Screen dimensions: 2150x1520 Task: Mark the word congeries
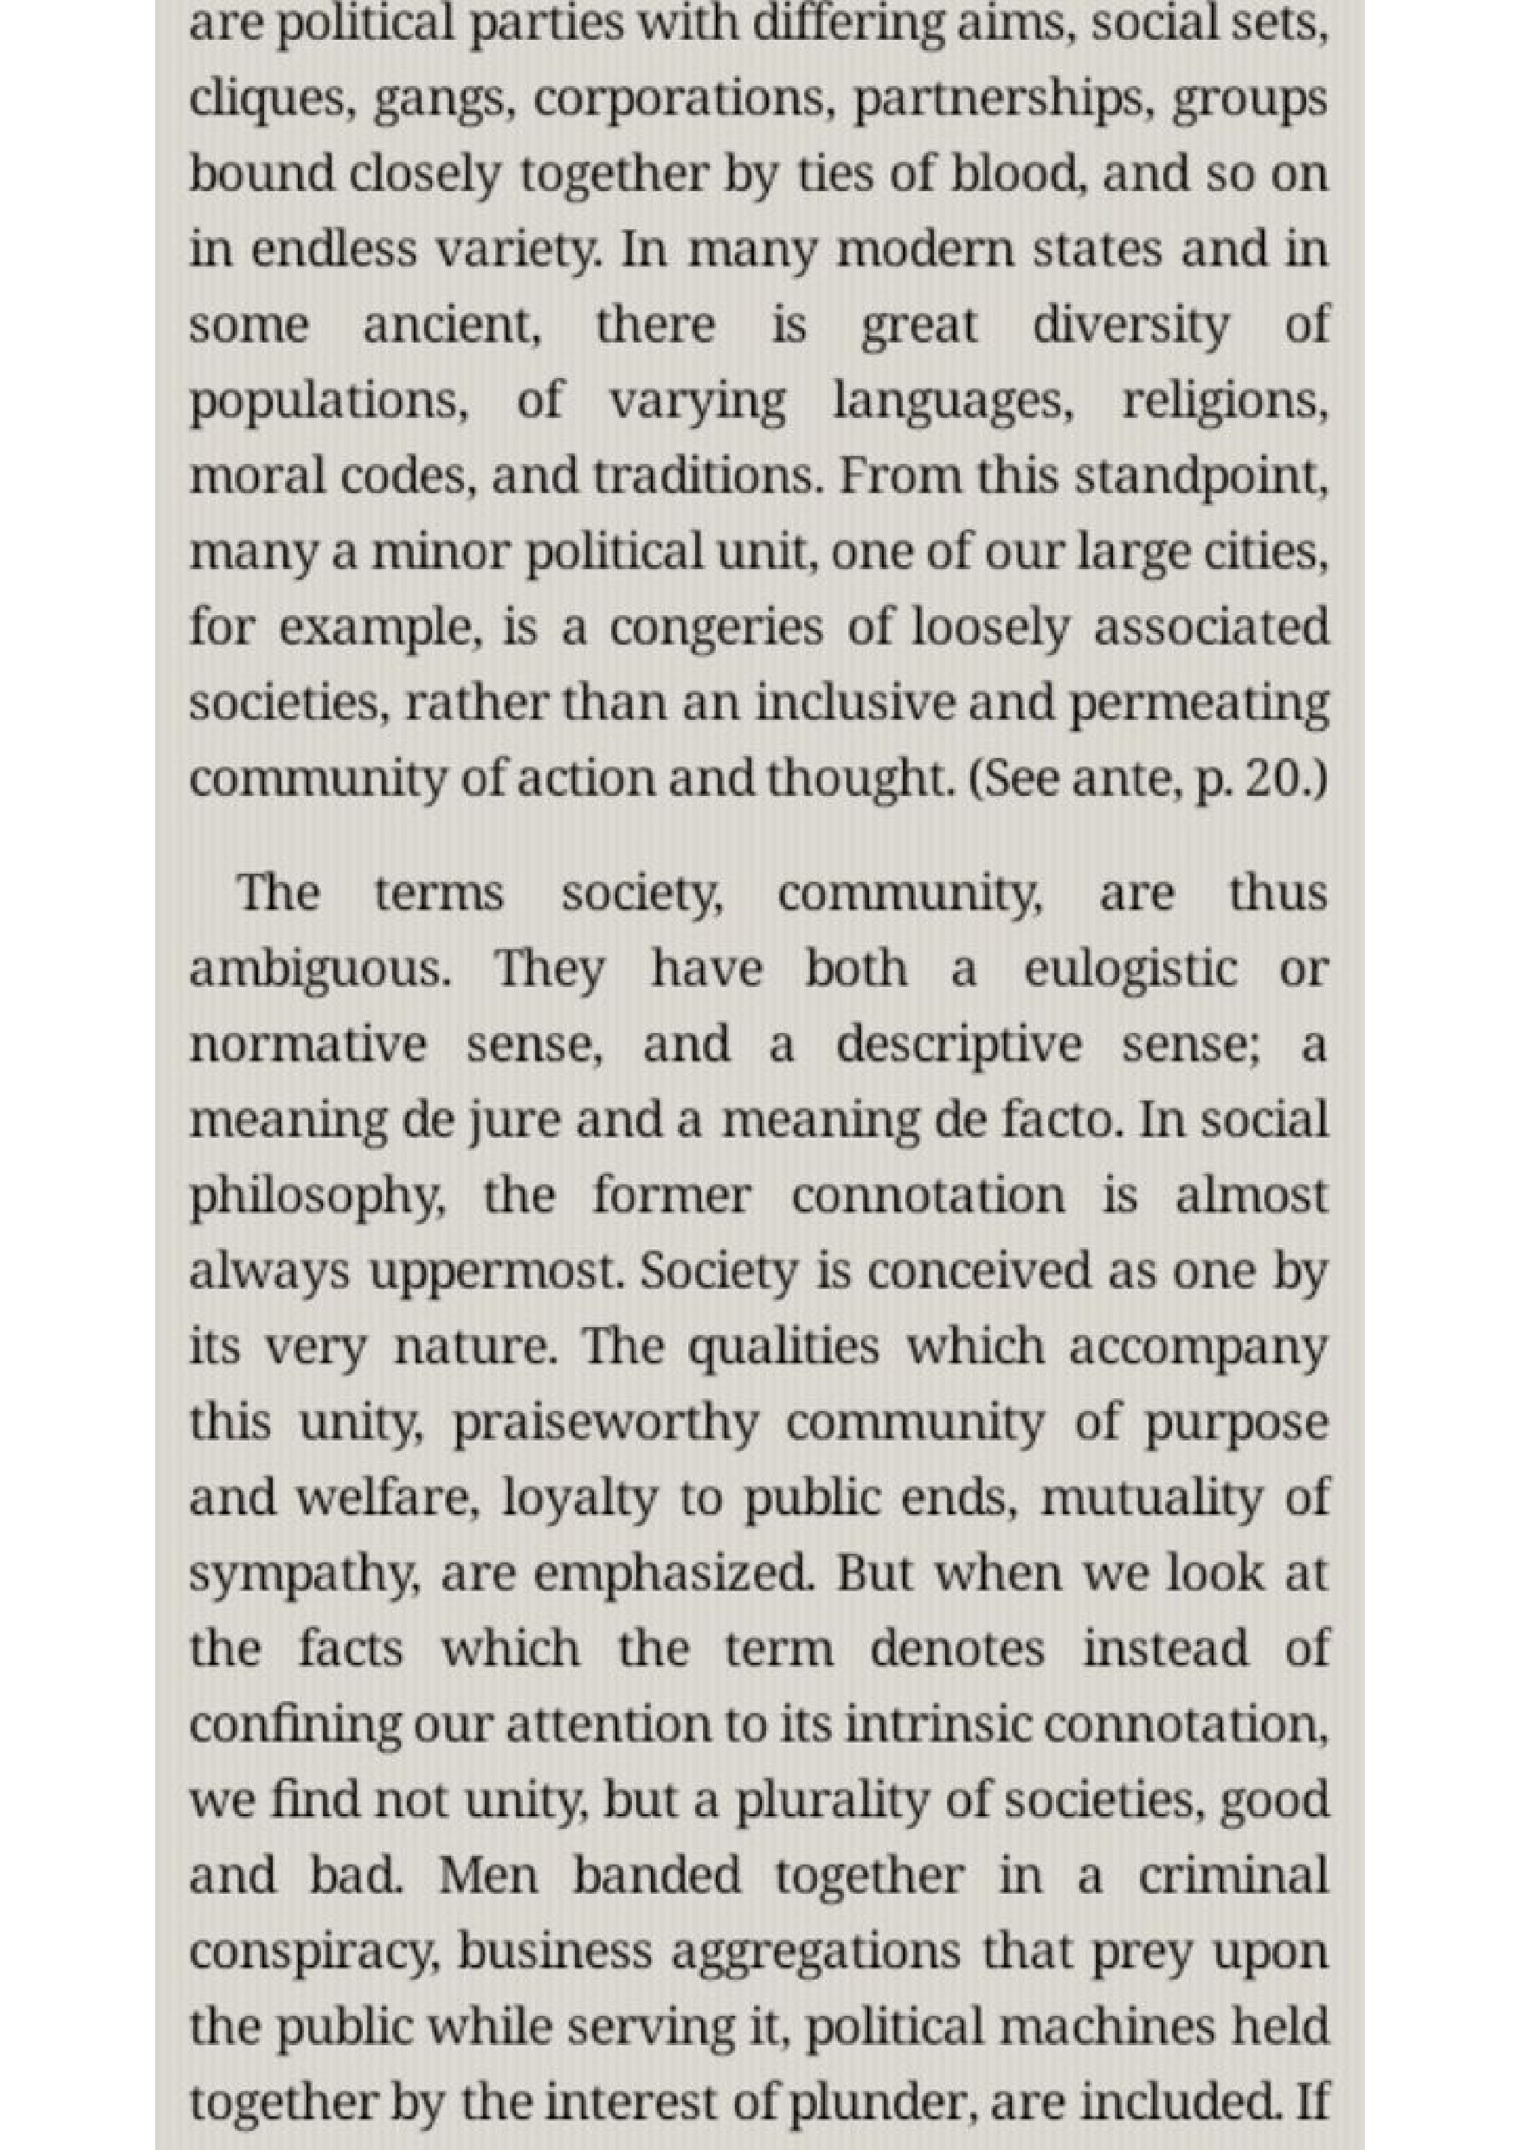pos(716,628)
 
